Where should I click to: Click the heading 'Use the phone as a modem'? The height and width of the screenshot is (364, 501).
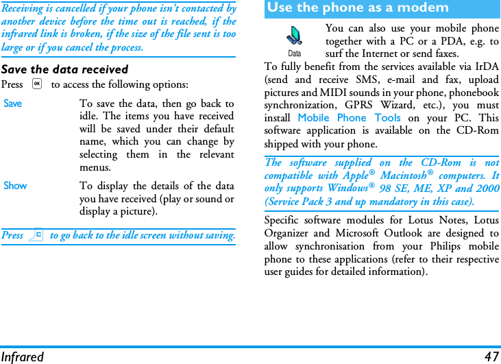pyautogui.click(x=358, y=8)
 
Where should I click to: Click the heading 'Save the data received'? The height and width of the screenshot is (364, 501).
pyautogui.click(x=64, y=69)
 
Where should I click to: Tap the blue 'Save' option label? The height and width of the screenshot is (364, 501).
pyautogui.click(x=13, y=104)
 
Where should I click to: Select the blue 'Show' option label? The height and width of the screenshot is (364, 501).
pyautogui.click(x=15, y=186)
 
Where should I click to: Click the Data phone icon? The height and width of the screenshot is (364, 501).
pyautogui.click(x=294, y=37)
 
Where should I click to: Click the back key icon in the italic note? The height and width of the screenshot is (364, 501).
pyautogui.click(x=36, y=235)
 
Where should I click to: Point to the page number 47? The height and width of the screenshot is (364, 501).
pyautogui.click(x=491, y=356)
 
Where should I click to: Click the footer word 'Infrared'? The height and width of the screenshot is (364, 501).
pyautogui.click(x=22, y=356)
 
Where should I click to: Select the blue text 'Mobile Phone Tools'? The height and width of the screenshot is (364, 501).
pyautogui.click(x=349, y=118)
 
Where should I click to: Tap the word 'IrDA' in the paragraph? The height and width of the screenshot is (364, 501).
pyautogui.click(x=487, y=66)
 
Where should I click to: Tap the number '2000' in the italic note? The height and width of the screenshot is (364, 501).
pyautogui.click(x=485, y=189)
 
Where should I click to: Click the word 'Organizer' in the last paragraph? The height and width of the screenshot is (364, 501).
pyautogui.click(x=290, y=234)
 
